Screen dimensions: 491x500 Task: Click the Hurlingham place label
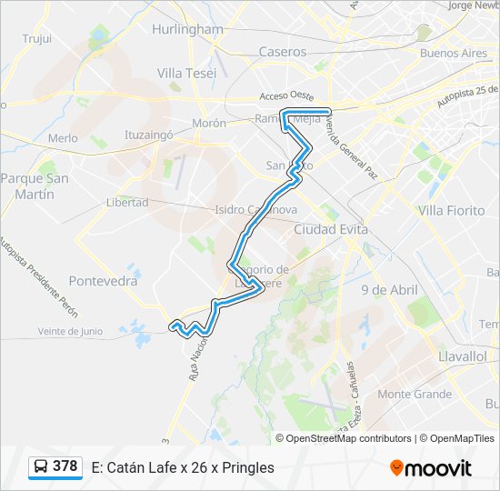tap(187, 29)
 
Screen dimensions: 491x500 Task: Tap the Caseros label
tap(283, 52)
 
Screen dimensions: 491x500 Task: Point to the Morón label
tap(208, 123)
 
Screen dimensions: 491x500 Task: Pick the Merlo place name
tap(63, 138)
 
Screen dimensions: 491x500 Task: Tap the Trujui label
tap(36, 39)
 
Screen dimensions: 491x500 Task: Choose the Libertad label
tap(126, 202)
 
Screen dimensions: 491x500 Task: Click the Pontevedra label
tap(103, 281)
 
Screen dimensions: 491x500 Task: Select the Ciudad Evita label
tap(331, 229)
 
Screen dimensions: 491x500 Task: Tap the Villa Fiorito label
tap(451, 210)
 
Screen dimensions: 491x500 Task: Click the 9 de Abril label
tap(389, 290)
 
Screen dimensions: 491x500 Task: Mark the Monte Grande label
tap(415, 395)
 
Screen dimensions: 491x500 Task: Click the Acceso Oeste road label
tap(286, 96)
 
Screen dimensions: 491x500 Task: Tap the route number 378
tap(65, 466)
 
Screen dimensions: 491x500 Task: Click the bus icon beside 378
tap(42, 467)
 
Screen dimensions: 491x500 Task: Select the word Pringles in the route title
tap(246, 468)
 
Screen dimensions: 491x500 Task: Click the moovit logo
tap(431, 468)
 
